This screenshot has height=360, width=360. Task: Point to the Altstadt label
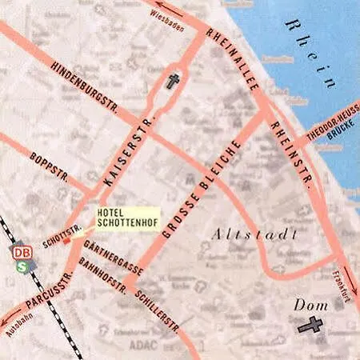255,234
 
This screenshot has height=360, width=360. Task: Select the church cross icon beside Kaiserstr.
173,81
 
